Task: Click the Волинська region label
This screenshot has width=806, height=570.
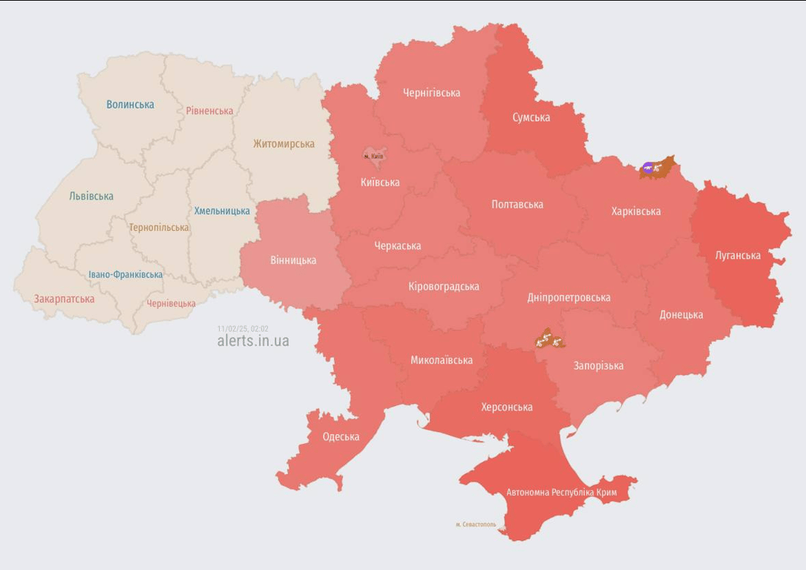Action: tap(130, 105)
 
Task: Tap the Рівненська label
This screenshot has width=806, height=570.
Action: tap(209, 111)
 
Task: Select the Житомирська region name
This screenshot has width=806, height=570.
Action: tap(284, 144)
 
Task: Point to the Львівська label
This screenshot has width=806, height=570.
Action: tap(91, 197)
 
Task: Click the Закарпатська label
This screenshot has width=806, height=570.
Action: tap(64, 299)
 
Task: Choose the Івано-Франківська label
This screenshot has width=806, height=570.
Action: tap(125, 275)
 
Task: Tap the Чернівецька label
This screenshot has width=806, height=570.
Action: tap(171, 304)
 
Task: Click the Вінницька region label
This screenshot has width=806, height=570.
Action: tap(293, 261)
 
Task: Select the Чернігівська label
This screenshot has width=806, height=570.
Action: tap(431, 93)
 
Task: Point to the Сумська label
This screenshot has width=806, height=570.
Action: tap(531, 117)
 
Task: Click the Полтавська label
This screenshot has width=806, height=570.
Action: tap(517, 204)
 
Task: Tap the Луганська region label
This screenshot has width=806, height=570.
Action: tap(738, 255)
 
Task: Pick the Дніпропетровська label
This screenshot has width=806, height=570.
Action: tap(569, 298)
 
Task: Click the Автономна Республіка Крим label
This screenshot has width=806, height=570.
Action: tap(561, 492)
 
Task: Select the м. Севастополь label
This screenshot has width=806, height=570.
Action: tap(476, 525)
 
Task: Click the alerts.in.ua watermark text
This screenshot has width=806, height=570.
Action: tap(253, 341)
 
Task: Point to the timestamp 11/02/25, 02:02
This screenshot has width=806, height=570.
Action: tap(243, 328)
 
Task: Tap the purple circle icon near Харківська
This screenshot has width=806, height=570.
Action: tap(649, 168)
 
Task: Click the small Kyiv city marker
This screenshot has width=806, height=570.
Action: tap(373, 156)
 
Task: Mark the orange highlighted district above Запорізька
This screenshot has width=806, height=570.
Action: tap(550, 340)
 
